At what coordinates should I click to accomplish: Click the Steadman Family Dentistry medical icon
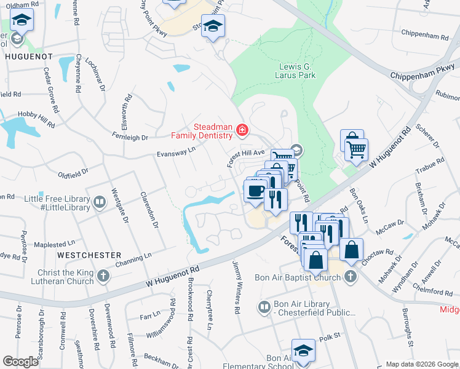(x=241, y=130)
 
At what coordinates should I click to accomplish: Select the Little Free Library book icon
(x=99, y=202)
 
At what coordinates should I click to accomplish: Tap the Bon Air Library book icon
(x=264, y=306)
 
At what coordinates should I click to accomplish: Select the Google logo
(x=20, y=362)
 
